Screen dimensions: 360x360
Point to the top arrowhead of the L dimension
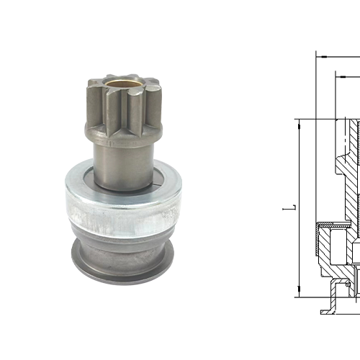[297, 124]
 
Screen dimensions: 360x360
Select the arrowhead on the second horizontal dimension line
[336, 74]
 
